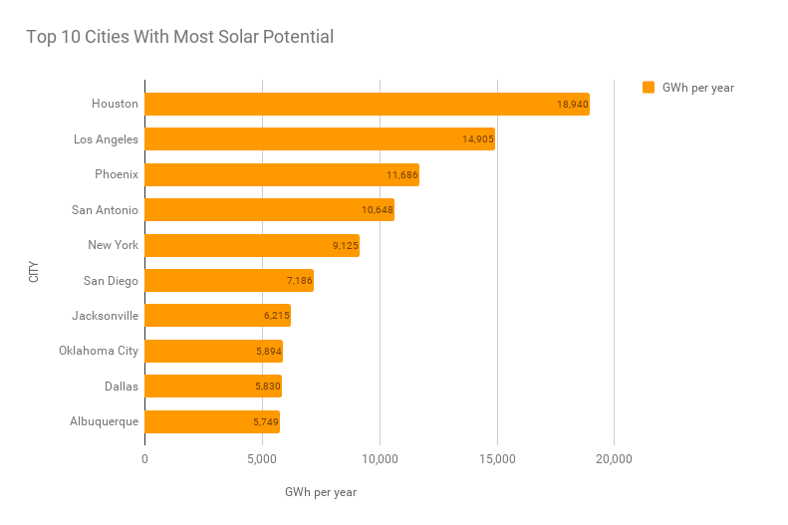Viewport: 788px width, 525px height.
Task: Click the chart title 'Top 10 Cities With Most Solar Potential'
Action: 179,38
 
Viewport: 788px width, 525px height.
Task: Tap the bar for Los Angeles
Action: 320,138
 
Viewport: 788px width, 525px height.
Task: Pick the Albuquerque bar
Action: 212,421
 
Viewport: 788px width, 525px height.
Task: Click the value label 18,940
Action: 573,104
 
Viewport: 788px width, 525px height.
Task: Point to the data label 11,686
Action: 402,174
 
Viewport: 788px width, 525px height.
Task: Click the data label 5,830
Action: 268,387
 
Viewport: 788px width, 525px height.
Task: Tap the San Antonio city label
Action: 105,209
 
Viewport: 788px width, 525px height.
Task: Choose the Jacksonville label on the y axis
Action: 105,316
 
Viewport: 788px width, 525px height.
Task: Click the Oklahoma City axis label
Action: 99,351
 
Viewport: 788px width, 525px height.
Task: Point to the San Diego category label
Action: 112,280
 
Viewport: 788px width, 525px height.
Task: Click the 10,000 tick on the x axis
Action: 380,459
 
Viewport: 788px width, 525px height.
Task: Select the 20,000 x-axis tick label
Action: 614,459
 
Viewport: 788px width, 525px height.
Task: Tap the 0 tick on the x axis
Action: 145,459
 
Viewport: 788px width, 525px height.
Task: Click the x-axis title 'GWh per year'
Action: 320,492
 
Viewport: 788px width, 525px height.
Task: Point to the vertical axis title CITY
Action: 34,271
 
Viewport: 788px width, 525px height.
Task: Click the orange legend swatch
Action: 649,88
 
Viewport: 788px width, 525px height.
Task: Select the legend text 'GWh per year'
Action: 698,88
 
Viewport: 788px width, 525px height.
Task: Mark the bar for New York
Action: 252,245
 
